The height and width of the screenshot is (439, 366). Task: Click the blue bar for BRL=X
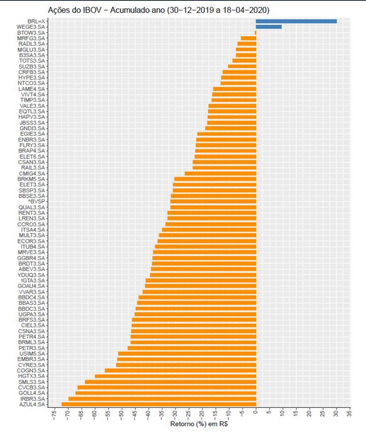coord(296,21)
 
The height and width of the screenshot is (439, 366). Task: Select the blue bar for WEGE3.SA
coord(269,27)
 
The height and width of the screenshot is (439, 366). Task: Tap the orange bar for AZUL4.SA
coord(159,404)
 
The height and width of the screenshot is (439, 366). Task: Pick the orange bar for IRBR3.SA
coord(162,399)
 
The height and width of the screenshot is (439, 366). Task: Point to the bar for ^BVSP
coord(213,201)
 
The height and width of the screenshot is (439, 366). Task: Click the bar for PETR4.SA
coord(193,337)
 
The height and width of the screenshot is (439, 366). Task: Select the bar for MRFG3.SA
coord(248,38)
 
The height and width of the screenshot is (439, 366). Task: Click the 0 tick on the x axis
coord(256,416)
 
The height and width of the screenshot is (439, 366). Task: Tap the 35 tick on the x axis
coord(350,416)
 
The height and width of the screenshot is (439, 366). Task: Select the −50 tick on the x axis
coord(121,416)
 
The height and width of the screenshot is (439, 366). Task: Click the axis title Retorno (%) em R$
coord(199,424)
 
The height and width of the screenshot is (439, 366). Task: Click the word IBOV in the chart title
coord(83,9)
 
